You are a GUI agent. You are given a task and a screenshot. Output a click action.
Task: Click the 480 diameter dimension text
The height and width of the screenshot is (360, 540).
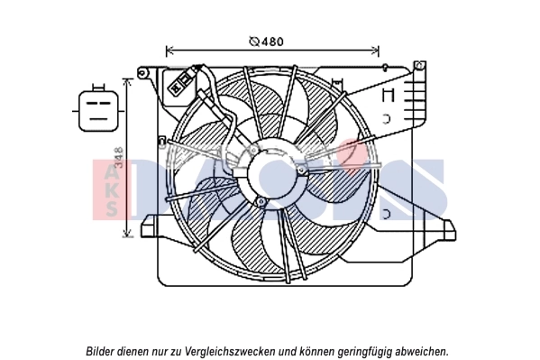click(272, 41)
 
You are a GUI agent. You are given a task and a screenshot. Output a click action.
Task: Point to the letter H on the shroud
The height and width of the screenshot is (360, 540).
click(389, 96)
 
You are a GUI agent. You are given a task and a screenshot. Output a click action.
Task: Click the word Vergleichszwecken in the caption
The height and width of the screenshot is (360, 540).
click(235, 351)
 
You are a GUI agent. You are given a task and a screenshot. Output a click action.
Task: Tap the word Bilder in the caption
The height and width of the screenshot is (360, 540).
click(101, 351)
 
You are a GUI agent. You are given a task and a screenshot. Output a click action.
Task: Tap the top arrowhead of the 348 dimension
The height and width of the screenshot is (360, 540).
click(128, 82)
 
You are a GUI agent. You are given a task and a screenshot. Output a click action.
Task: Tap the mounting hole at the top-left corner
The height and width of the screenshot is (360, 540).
click(144, 71)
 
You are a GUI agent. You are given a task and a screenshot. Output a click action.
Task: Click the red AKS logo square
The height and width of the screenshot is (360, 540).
click(108, 189)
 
